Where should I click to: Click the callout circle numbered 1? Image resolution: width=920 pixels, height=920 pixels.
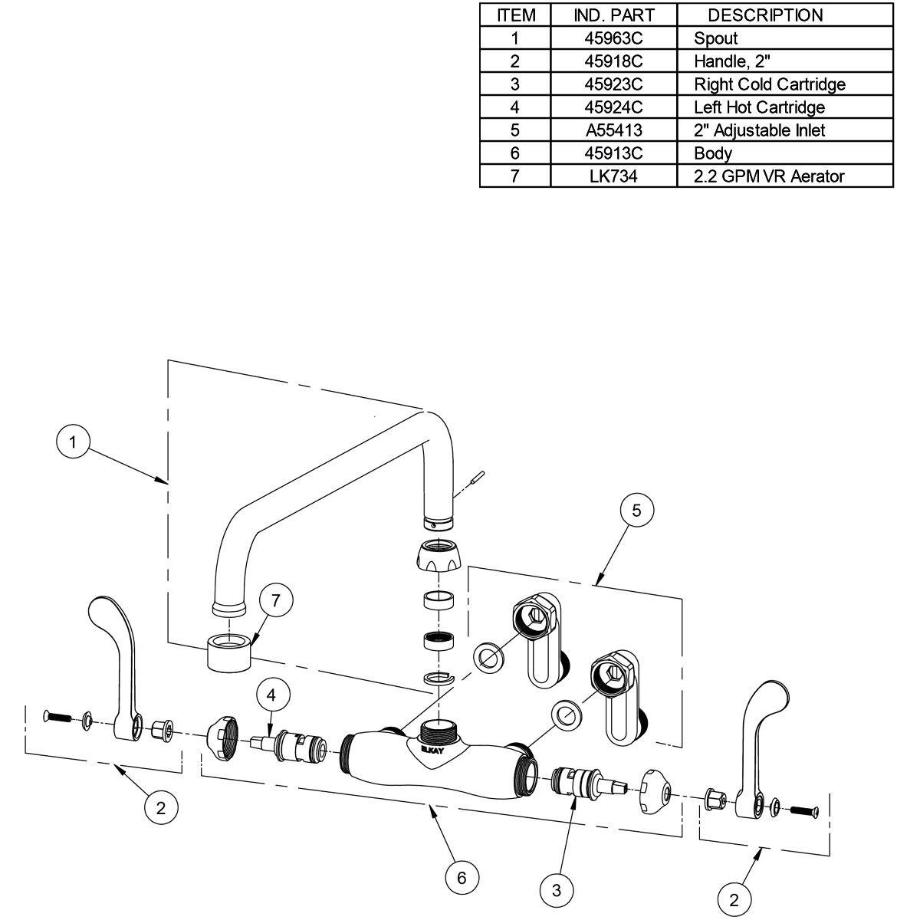74,442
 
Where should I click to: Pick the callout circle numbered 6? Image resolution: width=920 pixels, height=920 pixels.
462,877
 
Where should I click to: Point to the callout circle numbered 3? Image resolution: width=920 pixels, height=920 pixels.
557,889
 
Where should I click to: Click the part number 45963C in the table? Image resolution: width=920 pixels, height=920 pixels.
613,38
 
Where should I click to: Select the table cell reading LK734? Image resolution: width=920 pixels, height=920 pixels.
613,176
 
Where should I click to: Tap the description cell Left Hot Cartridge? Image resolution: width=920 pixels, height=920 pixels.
759,107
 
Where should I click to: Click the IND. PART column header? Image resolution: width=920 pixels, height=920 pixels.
613,15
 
